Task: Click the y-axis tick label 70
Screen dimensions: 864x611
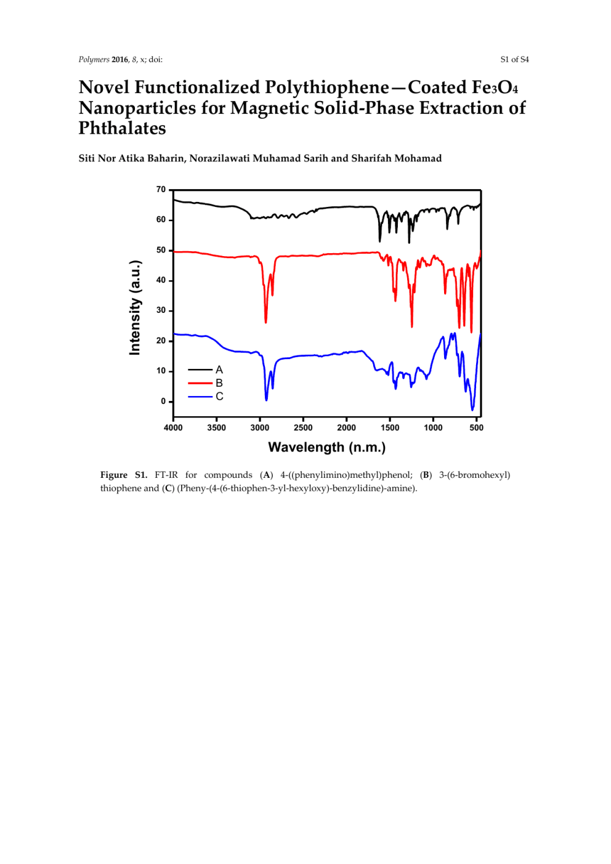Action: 161,190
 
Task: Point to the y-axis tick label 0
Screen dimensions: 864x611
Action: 163,402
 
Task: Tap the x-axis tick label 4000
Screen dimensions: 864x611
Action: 173,428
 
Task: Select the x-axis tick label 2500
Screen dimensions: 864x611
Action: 303,428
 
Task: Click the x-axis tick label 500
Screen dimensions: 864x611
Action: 476,428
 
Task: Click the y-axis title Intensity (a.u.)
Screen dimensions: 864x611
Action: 135,308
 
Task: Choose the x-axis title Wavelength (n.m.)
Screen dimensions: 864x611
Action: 326,448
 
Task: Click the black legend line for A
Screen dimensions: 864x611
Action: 200,369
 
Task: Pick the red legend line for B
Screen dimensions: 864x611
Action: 200,383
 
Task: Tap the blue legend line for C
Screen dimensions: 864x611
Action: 200,397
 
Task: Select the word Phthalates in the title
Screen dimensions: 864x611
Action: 123,129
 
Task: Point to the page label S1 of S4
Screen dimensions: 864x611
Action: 514,60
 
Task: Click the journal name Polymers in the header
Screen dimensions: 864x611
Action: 94,60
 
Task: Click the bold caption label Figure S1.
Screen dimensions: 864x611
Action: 124,475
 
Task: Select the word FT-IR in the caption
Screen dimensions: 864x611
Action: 166,475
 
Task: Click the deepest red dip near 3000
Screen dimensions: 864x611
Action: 265,322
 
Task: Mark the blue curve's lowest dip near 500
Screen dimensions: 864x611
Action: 472,410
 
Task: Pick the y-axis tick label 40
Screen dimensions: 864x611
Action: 161,280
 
